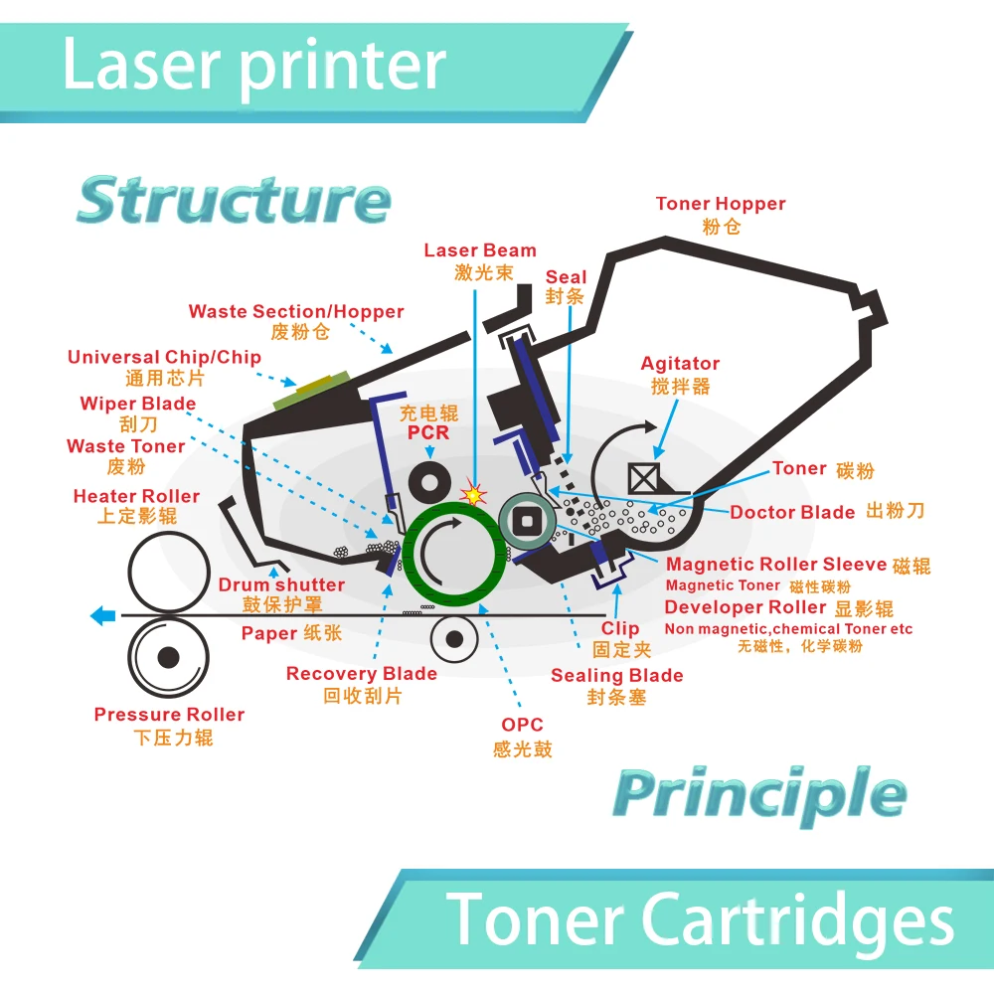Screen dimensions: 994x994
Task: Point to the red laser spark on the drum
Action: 474,493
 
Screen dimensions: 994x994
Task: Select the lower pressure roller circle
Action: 168,657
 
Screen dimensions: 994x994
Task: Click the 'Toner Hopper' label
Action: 721,204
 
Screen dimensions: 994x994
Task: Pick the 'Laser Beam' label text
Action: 480,250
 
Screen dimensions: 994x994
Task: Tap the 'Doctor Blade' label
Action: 792,513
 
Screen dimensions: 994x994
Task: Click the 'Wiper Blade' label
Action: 138,404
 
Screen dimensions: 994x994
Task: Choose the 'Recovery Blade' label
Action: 362,674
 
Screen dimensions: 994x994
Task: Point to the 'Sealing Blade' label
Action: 617,676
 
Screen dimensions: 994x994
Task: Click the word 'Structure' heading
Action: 234,200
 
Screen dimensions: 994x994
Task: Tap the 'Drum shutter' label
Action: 281,585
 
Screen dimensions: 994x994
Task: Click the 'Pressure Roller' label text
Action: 169,715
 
